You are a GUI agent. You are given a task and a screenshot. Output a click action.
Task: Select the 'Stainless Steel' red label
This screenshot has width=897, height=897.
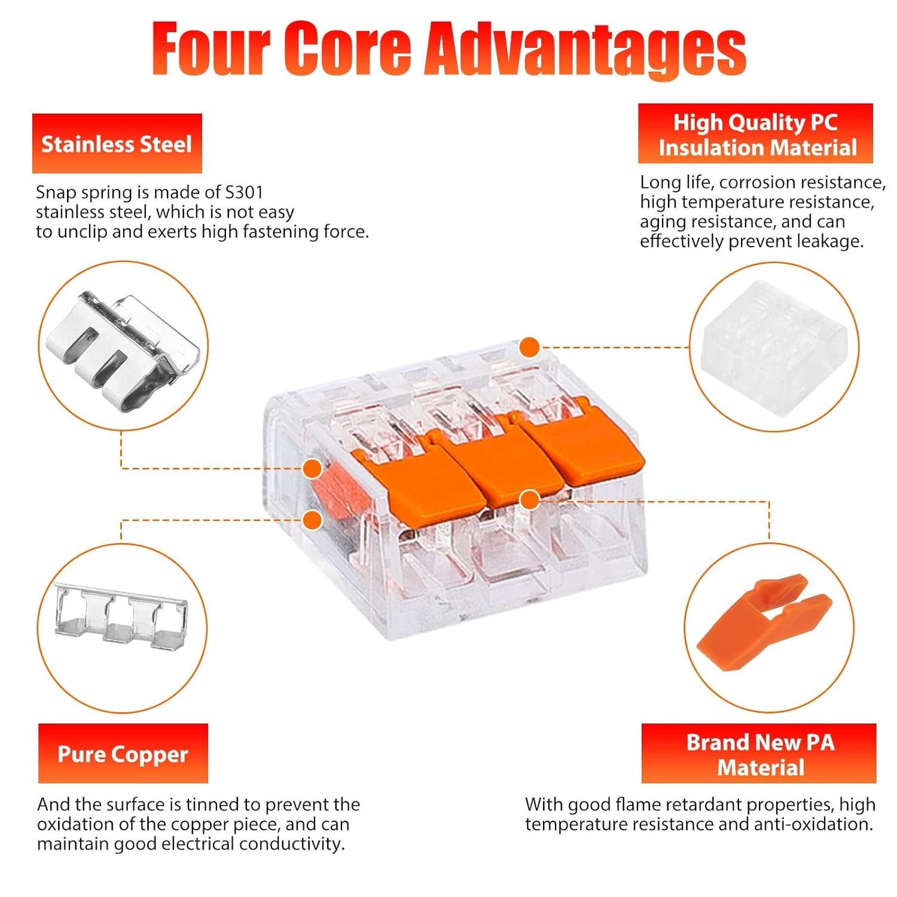click(x=117, y=144)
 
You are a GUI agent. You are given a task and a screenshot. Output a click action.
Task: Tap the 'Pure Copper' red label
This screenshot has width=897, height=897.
click(x=123, y=754)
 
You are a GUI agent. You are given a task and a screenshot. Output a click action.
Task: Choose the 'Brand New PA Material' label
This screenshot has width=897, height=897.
click(x=759, y=754)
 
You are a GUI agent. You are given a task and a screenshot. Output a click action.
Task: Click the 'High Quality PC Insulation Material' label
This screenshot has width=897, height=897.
click(x=756, y=135)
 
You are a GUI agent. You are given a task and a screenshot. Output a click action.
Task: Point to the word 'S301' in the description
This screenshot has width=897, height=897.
click(x=244, y=193)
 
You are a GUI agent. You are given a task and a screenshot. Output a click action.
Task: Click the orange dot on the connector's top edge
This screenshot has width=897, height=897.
click(x=530, y=347)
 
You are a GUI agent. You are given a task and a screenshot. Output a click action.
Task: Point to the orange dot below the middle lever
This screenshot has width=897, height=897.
click(x=529, y=499)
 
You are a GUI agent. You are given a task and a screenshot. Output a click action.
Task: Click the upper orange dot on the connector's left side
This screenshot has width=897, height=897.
click(x=312, y=469)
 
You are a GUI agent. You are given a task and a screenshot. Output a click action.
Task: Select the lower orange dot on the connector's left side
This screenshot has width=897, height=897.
click(x=312, y=520)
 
